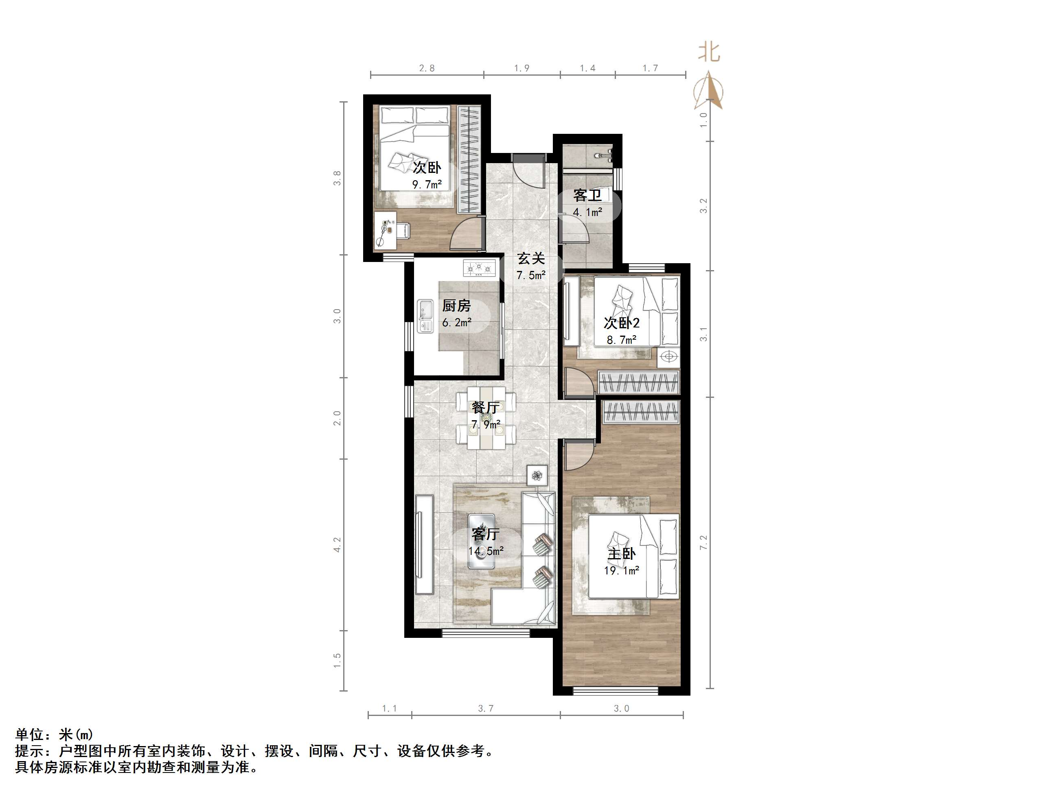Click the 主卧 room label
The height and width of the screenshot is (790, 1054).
[x=621, y=554]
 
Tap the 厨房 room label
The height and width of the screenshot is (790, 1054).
[x=456, y=305]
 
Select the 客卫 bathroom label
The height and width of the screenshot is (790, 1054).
[x=587, y=195]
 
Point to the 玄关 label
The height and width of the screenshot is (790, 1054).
[x=531, y=259]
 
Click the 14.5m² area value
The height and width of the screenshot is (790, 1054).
[x=486, y=551]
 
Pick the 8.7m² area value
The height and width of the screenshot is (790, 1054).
[x=621, y=340]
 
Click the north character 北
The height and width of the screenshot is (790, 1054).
[x=709, y=52]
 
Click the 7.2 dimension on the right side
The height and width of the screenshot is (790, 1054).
[x=704, y=542]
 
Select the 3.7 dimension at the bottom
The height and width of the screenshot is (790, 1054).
[x=486, y=709]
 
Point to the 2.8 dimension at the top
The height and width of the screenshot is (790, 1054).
[x=427, y=68]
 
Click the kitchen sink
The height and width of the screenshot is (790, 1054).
[x=92, y=316]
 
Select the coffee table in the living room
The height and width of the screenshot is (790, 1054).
[x=481, y=541]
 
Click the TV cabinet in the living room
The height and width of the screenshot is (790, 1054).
[x=424, y=544]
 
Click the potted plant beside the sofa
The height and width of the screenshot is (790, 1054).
[x=537, y=475]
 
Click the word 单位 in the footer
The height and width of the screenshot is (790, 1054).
[x=30, y=734]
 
